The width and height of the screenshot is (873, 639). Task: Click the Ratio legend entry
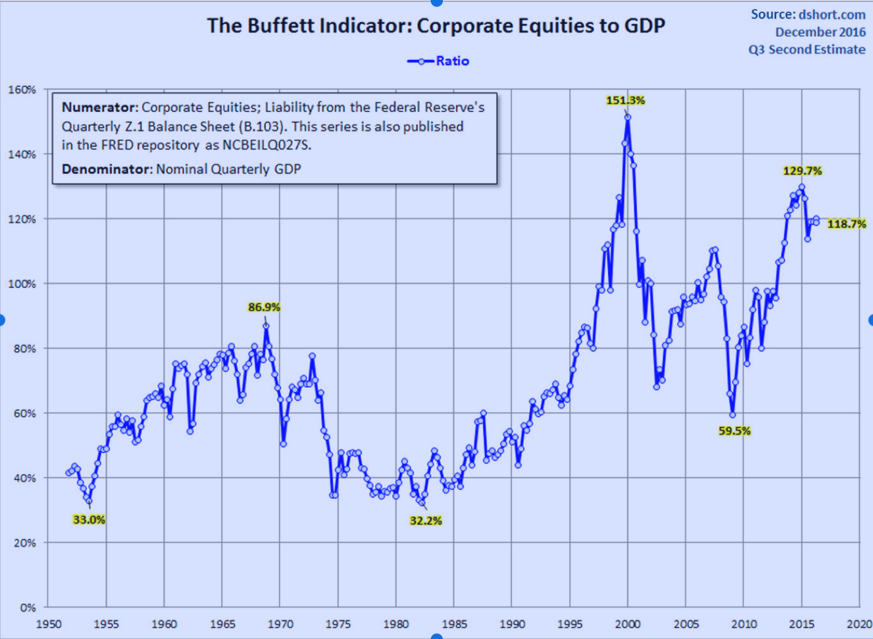(x=439, y=61)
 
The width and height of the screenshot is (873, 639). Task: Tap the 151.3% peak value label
(x=625, y=100)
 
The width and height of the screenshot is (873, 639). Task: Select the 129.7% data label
(x=802, y=171)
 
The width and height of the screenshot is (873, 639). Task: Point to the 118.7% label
(x=846, y=224)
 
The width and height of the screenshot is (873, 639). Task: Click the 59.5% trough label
(x=734, y=431)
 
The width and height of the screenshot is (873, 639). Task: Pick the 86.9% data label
(x=263, y=308)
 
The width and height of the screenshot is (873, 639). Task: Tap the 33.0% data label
(x=89, y=520)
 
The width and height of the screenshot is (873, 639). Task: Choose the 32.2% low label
(x=425, y=521)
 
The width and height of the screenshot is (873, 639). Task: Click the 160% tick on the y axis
(x=22, y=90)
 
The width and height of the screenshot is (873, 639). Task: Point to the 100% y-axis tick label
(x=22, y=284)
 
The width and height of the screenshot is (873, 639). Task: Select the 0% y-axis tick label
(x=28, y=608)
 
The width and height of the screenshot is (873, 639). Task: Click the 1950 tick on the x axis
(x=48, y=624)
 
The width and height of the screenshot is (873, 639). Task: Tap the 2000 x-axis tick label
(x=628, y=624)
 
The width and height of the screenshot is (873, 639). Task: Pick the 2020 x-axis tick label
(x=859, y=624)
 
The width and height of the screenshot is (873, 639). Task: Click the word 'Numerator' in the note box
(x=99, y=108)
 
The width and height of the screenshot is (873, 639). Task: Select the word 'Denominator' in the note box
(x=106, y=169)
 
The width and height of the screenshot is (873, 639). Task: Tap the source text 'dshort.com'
(x=831, y=15)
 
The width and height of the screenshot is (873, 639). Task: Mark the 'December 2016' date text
(x=820, y=32)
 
